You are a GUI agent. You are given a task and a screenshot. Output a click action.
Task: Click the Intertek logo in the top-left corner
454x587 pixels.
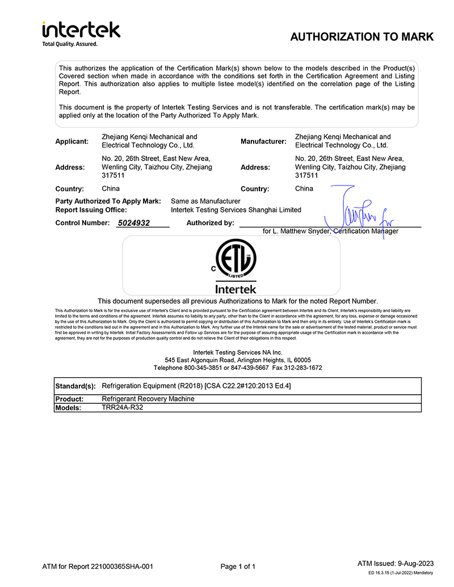coord(81,33)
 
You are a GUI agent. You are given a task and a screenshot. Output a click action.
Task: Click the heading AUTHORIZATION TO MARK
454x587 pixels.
coord(361,37)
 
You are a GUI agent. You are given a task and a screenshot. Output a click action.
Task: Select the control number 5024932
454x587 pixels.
coord(134,223)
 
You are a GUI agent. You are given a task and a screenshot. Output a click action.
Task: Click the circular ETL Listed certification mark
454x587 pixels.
coord(236,260)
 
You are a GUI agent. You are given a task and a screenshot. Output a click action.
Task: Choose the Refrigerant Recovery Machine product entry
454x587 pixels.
coord(148,399)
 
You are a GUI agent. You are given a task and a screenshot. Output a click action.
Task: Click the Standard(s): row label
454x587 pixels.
coord(75,386)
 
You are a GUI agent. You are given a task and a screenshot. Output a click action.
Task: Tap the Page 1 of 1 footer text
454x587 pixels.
coord(238,567)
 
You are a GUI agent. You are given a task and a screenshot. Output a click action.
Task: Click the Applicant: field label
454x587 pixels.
coord(72,141)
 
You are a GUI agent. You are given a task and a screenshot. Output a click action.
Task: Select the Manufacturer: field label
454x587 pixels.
coord(263,141)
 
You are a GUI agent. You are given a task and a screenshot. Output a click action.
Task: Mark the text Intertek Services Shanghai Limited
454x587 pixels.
coord(236,210)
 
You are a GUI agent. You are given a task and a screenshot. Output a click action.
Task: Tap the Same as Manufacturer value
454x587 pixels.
coord(205,201)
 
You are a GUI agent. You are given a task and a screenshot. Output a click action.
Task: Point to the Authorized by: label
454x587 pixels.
coord(210,223)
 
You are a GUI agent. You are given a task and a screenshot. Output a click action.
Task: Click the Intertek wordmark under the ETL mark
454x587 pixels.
coord(236,289)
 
